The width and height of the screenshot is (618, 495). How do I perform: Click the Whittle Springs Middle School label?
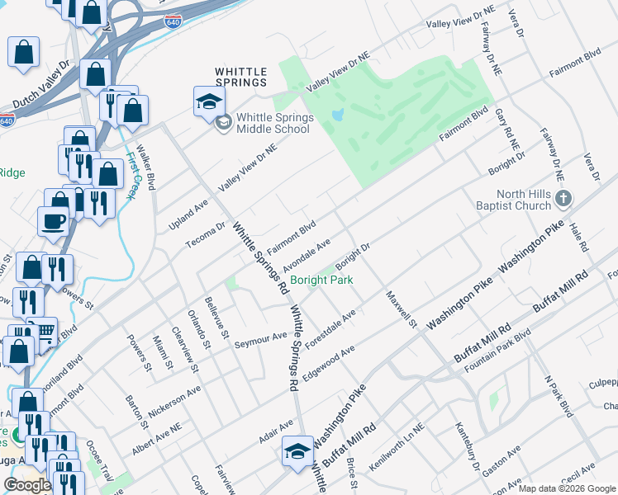[x=274, y=123]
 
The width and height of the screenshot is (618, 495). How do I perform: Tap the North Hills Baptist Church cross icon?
[x=563, y=198]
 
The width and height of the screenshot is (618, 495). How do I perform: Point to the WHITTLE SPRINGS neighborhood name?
[x=241, y=77]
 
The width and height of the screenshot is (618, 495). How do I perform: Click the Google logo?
[x=27, y=485]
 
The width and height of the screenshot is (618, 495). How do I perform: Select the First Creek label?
[x=132, y=174]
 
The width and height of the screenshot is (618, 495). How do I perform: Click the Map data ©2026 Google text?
[x=567, y=488]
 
